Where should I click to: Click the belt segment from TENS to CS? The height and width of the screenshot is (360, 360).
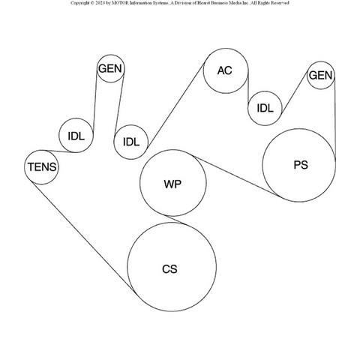84,238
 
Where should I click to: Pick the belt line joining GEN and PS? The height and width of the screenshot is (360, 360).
335,120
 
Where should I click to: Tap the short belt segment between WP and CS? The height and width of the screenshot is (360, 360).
175,220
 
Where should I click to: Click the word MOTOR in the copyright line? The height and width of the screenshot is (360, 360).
121,3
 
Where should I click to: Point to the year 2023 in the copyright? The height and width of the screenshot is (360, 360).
100,3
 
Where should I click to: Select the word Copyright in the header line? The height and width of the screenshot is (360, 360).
79,3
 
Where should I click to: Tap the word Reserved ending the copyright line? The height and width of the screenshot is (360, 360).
280,3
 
